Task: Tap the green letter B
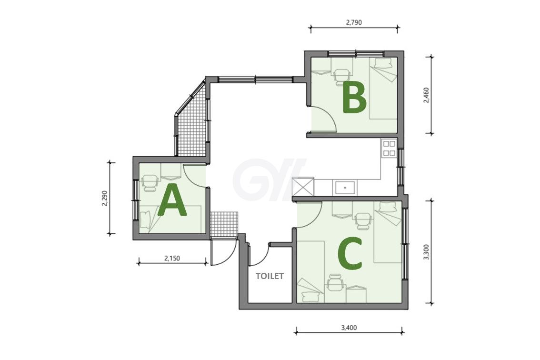(x=354, y=99)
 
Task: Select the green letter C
(x=350, y=255)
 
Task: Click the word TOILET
(x=270, y=276)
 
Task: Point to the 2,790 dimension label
(x=354, y=23)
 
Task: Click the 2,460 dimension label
(x=426, y=95)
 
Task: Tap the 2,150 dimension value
(x=172, y=258)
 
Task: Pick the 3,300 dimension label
(x=426, y=252)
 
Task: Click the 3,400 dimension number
(x=349, y=328)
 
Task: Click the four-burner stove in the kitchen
(x=389, y=148)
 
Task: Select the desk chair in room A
(x=150, y=182)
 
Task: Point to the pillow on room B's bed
(x=384, y=63)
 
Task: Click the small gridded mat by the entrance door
(x=224, y=224)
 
